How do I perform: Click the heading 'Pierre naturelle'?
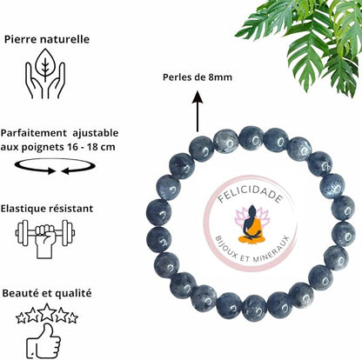pyautogui.click(x=47, y=39)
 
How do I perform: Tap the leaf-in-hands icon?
pyautogui.click(x=45, y=74)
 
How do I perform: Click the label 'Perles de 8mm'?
pyautogui.click(x=198, y=77)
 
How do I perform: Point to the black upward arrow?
pyautogui.click(x=198, y=111)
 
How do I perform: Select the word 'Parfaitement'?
pyautogui.click(x=34, y=133)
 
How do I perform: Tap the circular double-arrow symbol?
pyautogui.click(x=55, y=166)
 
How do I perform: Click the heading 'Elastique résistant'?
pyautogui.click(x=47, y=209)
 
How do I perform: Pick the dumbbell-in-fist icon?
pyautogui.click(x=45, y=239)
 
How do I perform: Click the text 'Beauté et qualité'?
pyautogui.click(x=47, y=293)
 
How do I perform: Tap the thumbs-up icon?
pyautogui.click(x=44, y=341)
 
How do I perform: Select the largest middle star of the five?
pyautogui.click(x=48, y=312)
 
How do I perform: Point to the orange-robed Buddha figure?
pyautogui.click(x=251, y=225)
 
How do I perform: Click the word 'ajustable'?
pyautogui.click(x=96, y=133)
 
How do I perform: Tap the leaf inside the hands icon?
pyautogui.click(x=45, y=63)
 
